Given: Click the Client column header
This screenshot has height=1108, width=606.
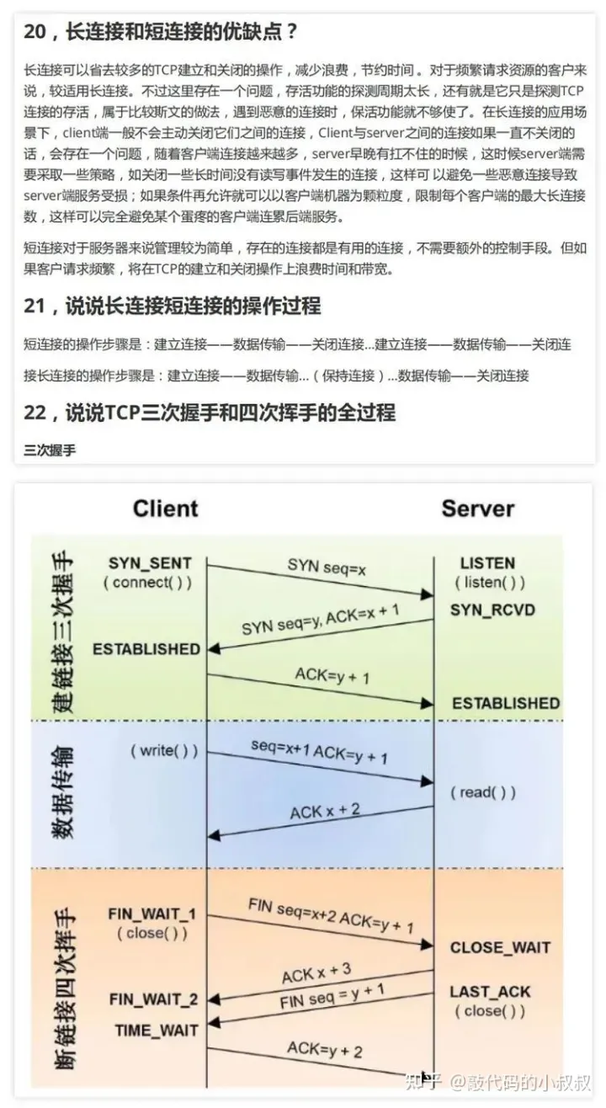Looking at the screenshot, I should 165,509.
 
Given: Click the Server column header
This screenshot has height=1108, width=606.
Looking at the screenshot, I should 477,509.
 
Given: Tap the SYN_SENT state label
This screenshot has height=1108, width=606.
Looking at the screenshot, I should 150,563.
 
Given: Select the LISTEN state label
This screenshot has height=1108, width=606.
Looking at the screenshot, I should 488,563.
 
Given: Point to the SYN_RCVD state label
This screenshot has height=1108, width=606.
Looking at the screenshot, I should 493,609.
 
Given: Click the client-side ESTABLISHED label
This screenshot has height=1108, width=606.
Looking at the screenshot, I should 146,649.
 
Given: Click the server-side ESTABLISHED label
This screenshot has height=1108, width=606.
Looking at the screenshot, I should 506,702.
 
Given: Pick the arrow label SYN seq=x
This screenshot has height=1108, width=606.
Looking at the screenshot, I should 327,568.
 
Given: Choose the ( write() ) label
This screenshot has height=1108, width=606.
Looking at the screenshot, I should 164,750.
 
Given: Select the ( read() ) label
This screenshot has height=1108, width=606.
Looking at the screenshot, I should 482,792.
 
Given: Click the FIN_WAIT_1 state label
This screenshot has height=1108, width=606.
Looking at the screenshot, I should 152,914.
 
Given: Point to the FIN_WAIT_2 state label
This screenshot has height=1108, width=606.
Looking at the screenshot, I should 154,999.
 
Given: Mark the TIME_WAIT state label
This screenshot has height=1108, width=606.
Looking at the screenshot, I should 157,1030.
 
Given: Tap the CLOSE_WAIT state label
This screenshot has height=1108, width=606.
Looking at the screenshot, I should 500,947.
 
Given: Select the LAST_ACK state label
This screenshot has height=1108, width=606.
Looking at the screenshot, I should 490,992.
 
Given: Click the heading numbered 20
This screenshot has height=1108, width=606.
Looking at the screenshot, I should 161,33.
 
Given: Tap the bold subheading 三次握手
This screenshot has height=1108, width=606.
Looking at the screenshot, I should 50,450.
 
